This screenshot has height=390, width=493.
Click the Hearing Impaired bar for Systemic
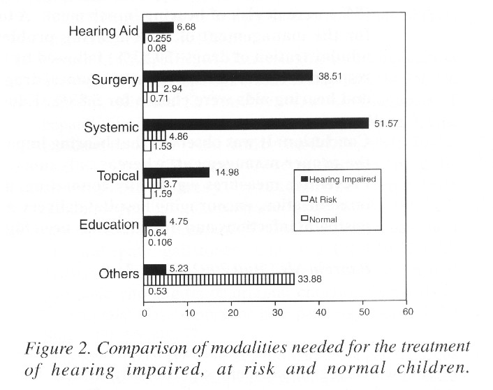click(x=256, y=123)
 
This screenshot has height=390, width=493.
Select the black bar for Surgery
click(x=228, y=75)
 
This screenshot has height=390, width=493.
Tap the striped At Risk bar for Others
click(x=219, y=280)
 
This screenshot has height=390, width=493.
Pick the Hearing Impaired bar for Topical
click(x=176, y=172)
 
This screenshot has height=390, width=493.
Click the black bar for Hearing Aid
click(x=158, y=27)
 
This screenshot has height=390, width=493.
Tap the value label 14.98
click(x=225, y=172)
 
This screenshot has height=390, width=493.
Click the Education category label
click(x=109, y=225)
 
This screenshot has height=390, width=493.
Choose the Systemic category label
click(x=111, y=127)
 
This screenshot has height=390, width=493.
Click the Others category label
click(x=119, y=273)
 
